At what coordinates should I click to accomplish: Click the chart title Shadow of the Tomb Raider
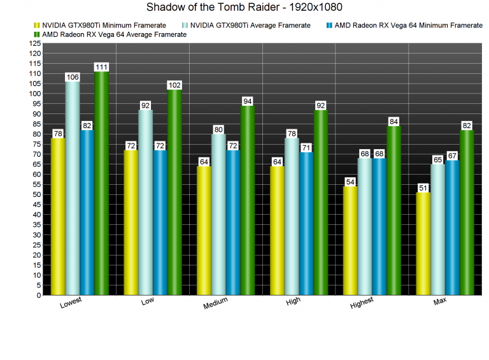click(x=244, y=8)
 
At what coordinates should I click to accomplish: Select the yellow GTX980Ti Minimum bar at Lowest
click(x=58, y=217)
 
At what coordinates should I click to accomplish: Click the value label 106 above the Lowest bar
click(x=73, y=77)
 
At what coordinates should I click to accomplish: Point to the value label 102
click(x=174, y=85)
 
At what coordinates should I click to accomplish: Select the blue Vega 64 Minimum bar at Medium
click(x=233, y=223)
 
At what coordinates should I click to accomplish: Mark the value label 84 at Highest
click(x=394, y=122)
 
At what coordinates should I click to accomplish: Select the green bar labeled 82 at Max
click(x=467, y=213)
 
